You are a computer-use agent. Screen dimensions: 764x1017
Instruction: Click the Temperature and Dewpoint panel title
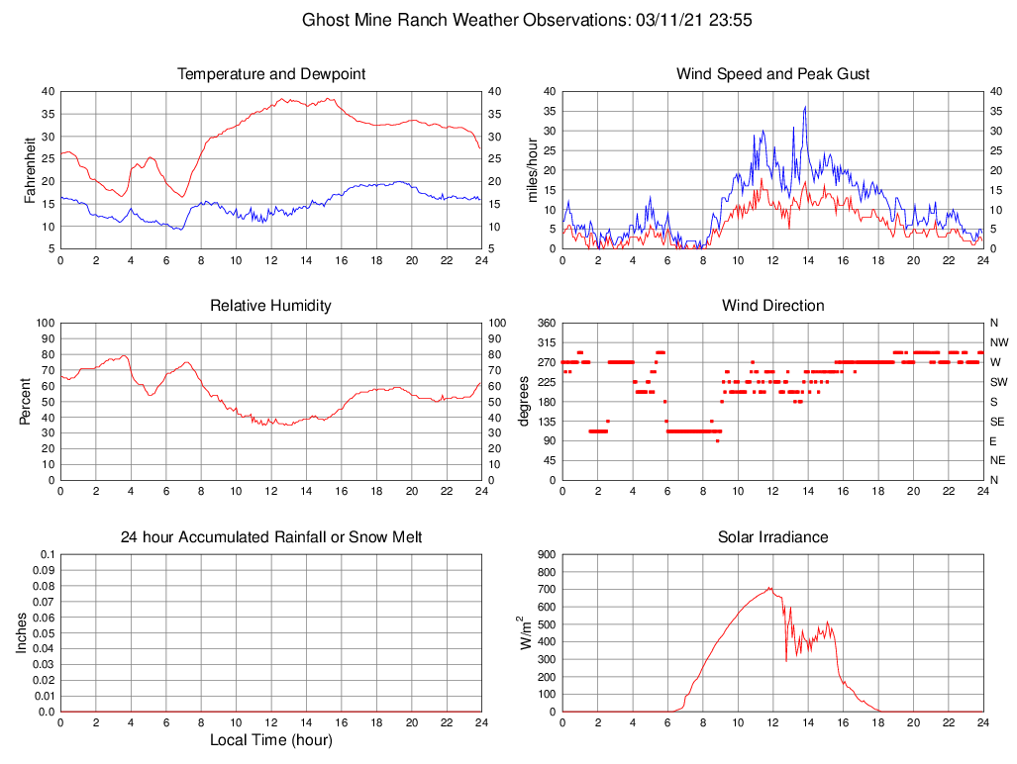[271, 74]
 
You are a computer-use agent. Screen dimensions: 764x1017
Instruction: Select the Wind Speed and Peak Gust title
[773, 74]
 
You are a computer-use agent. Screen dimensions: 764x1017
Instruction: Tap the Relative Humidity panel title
[271, 306]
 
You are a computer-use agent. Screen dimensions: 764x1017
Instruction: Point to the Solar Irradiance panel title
[773, 537]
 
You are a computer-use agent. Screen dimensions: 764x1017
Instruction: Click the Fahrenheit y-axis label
[31, 169]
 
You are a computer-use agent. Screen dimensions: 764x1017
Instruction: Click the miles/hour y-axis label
[533, 169]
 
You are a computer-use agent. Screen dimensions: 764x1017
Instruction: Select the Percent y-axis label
[25, 401]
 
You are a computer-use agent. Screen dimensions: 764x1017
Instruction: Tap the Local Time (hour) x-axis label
[271, 740]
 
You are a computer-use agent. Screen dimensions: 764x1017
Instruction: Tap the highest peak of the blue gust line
[805, 107]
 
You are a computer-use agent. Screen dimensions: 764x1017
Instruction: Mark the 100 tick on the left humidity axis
[44, 323]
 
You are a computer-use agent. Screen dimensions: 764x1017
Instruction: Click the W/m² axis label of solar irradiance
[526, 632]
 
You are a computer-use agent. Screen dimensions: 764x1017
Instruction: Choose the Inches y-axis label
[21, 632]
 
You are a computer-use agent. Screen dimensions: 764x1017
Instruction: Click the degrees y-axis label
[524, 401]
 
